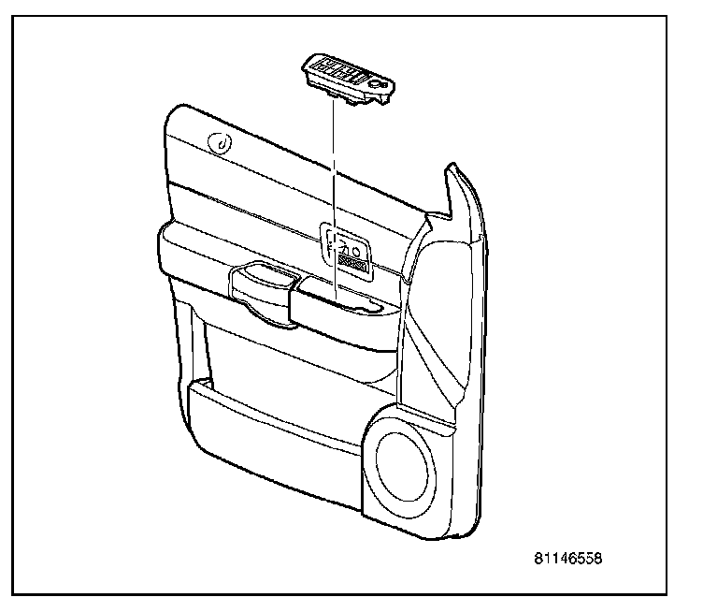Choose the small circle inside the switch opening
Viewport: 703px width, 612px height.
[x=356, y=248]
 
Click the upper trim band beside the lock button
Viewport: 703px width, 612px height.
[x=280, y=164]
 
